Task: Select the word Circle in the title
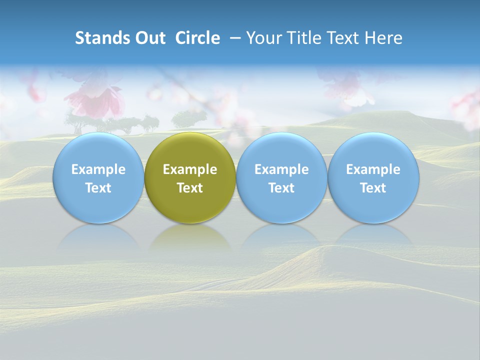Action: click(197, 38)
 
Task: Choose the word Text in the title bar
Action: click(345, 38)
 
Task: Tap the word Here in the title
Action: click(384, 38)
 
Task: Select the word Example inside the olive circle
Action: click(190, 169)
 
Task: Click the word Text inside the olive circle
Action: click(190, 188)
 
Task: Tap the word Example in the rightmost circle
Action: click(373, 169)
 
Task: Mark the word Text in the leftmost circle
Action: click(98, 188)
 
